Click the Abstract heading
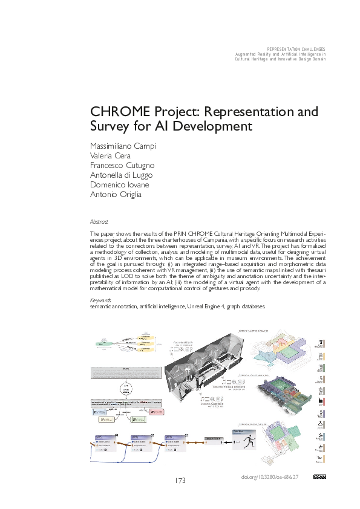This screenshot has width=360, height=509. coord(99,222)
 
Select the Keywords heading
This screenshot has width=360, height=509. coord(100,300)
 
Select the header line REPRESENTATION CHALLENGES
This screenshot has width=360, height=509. coord(296,48)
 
